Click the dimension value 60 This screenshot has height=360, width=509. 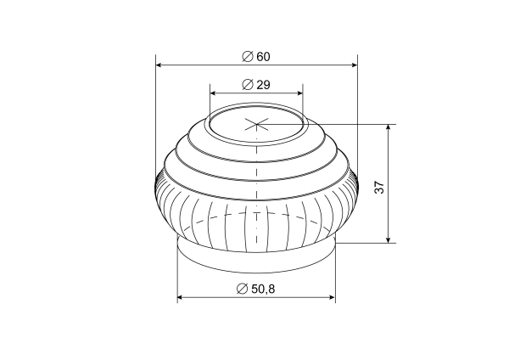(262, 56)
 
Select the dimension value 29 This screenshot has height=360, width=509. (262, 85)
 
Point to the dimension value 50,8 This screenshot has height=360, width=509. (263, 290)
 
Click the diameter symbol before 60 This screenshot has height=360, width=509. (246, 56)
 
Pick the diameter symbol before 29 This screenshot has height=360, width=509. (246, 85)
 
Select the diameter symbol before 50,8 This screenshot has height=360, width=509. (243, 290)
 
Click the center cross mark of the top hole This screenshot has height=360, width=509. (256, 125)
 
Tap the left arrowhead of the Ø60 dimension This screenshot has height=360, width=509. (159, 64)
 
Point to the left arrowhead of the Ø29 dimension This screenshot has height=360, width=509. (213, 93)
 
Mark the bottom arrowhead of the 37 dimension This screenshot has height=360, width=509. (389, 239)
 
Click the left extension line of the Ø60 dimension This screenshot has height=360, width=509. (156, 110)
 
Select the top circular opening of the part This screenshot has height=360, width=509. (256, 125)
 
